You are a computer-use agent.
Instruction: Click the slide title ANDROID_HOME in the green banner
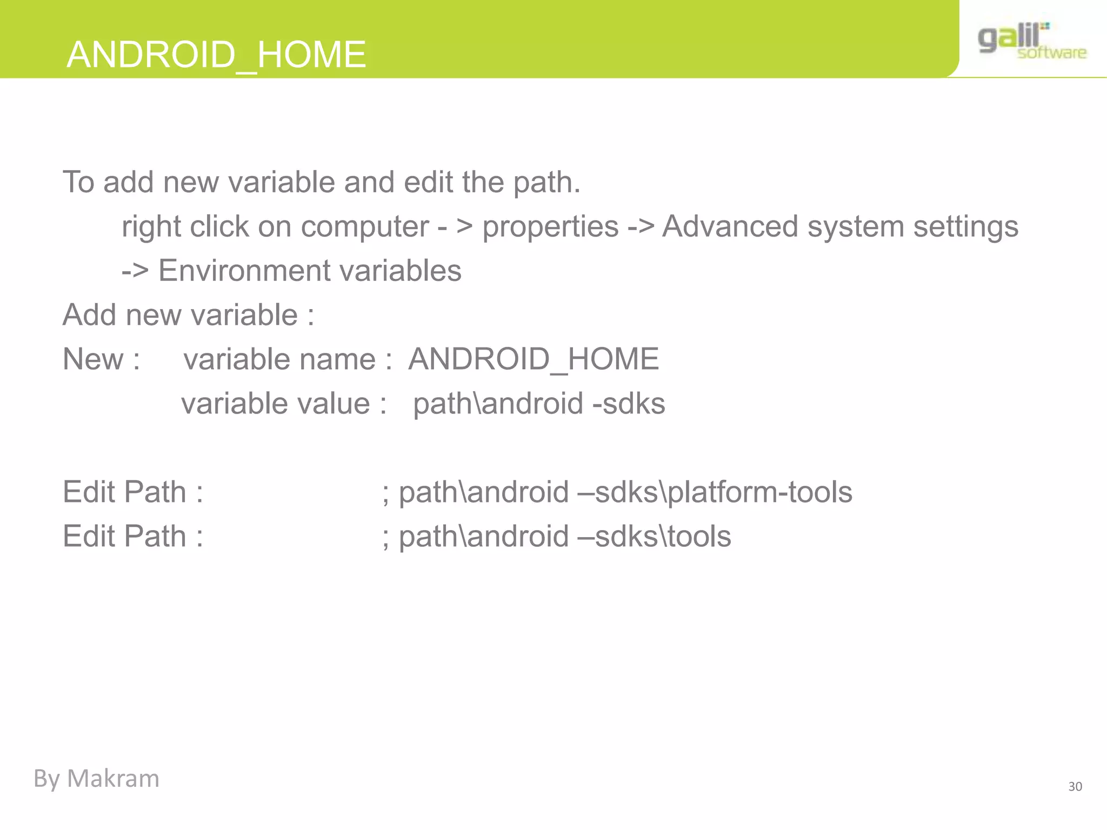pyautogui.click(x=216, y=55)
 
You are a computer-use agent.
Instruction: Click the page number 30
pyautogui.click(x=1075, y=787)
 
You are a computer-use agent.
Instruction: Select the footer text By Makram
pyautogui.click(x=96, y=779)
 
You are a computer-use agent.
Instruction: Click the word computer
pyautogui.click(x=365, y=227)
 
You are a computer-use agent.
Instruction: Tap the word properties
pyautogui.click(x=550, y=227)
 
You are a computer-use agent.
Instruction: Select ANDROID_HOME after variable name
pyautogui.click(x=534, y=359)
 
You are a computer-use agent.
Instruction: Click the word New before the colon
pyautogui.click(x=93, y=359)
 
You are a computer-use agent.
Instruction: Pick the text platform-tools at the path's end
pyautogui.click(x=760, y=493)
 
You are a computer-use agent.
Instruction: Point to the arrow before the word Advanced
pyautogui.click(x=641, y=227)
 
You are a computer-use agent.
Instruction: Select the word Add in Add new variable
pyautogui.click(x=89, y=315)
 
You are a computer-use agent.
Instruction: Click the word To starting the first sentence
pyautogui.click(x=78, y=182)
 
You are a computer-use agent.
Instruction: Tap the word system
pyautogui.click(x=856, y=227)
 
